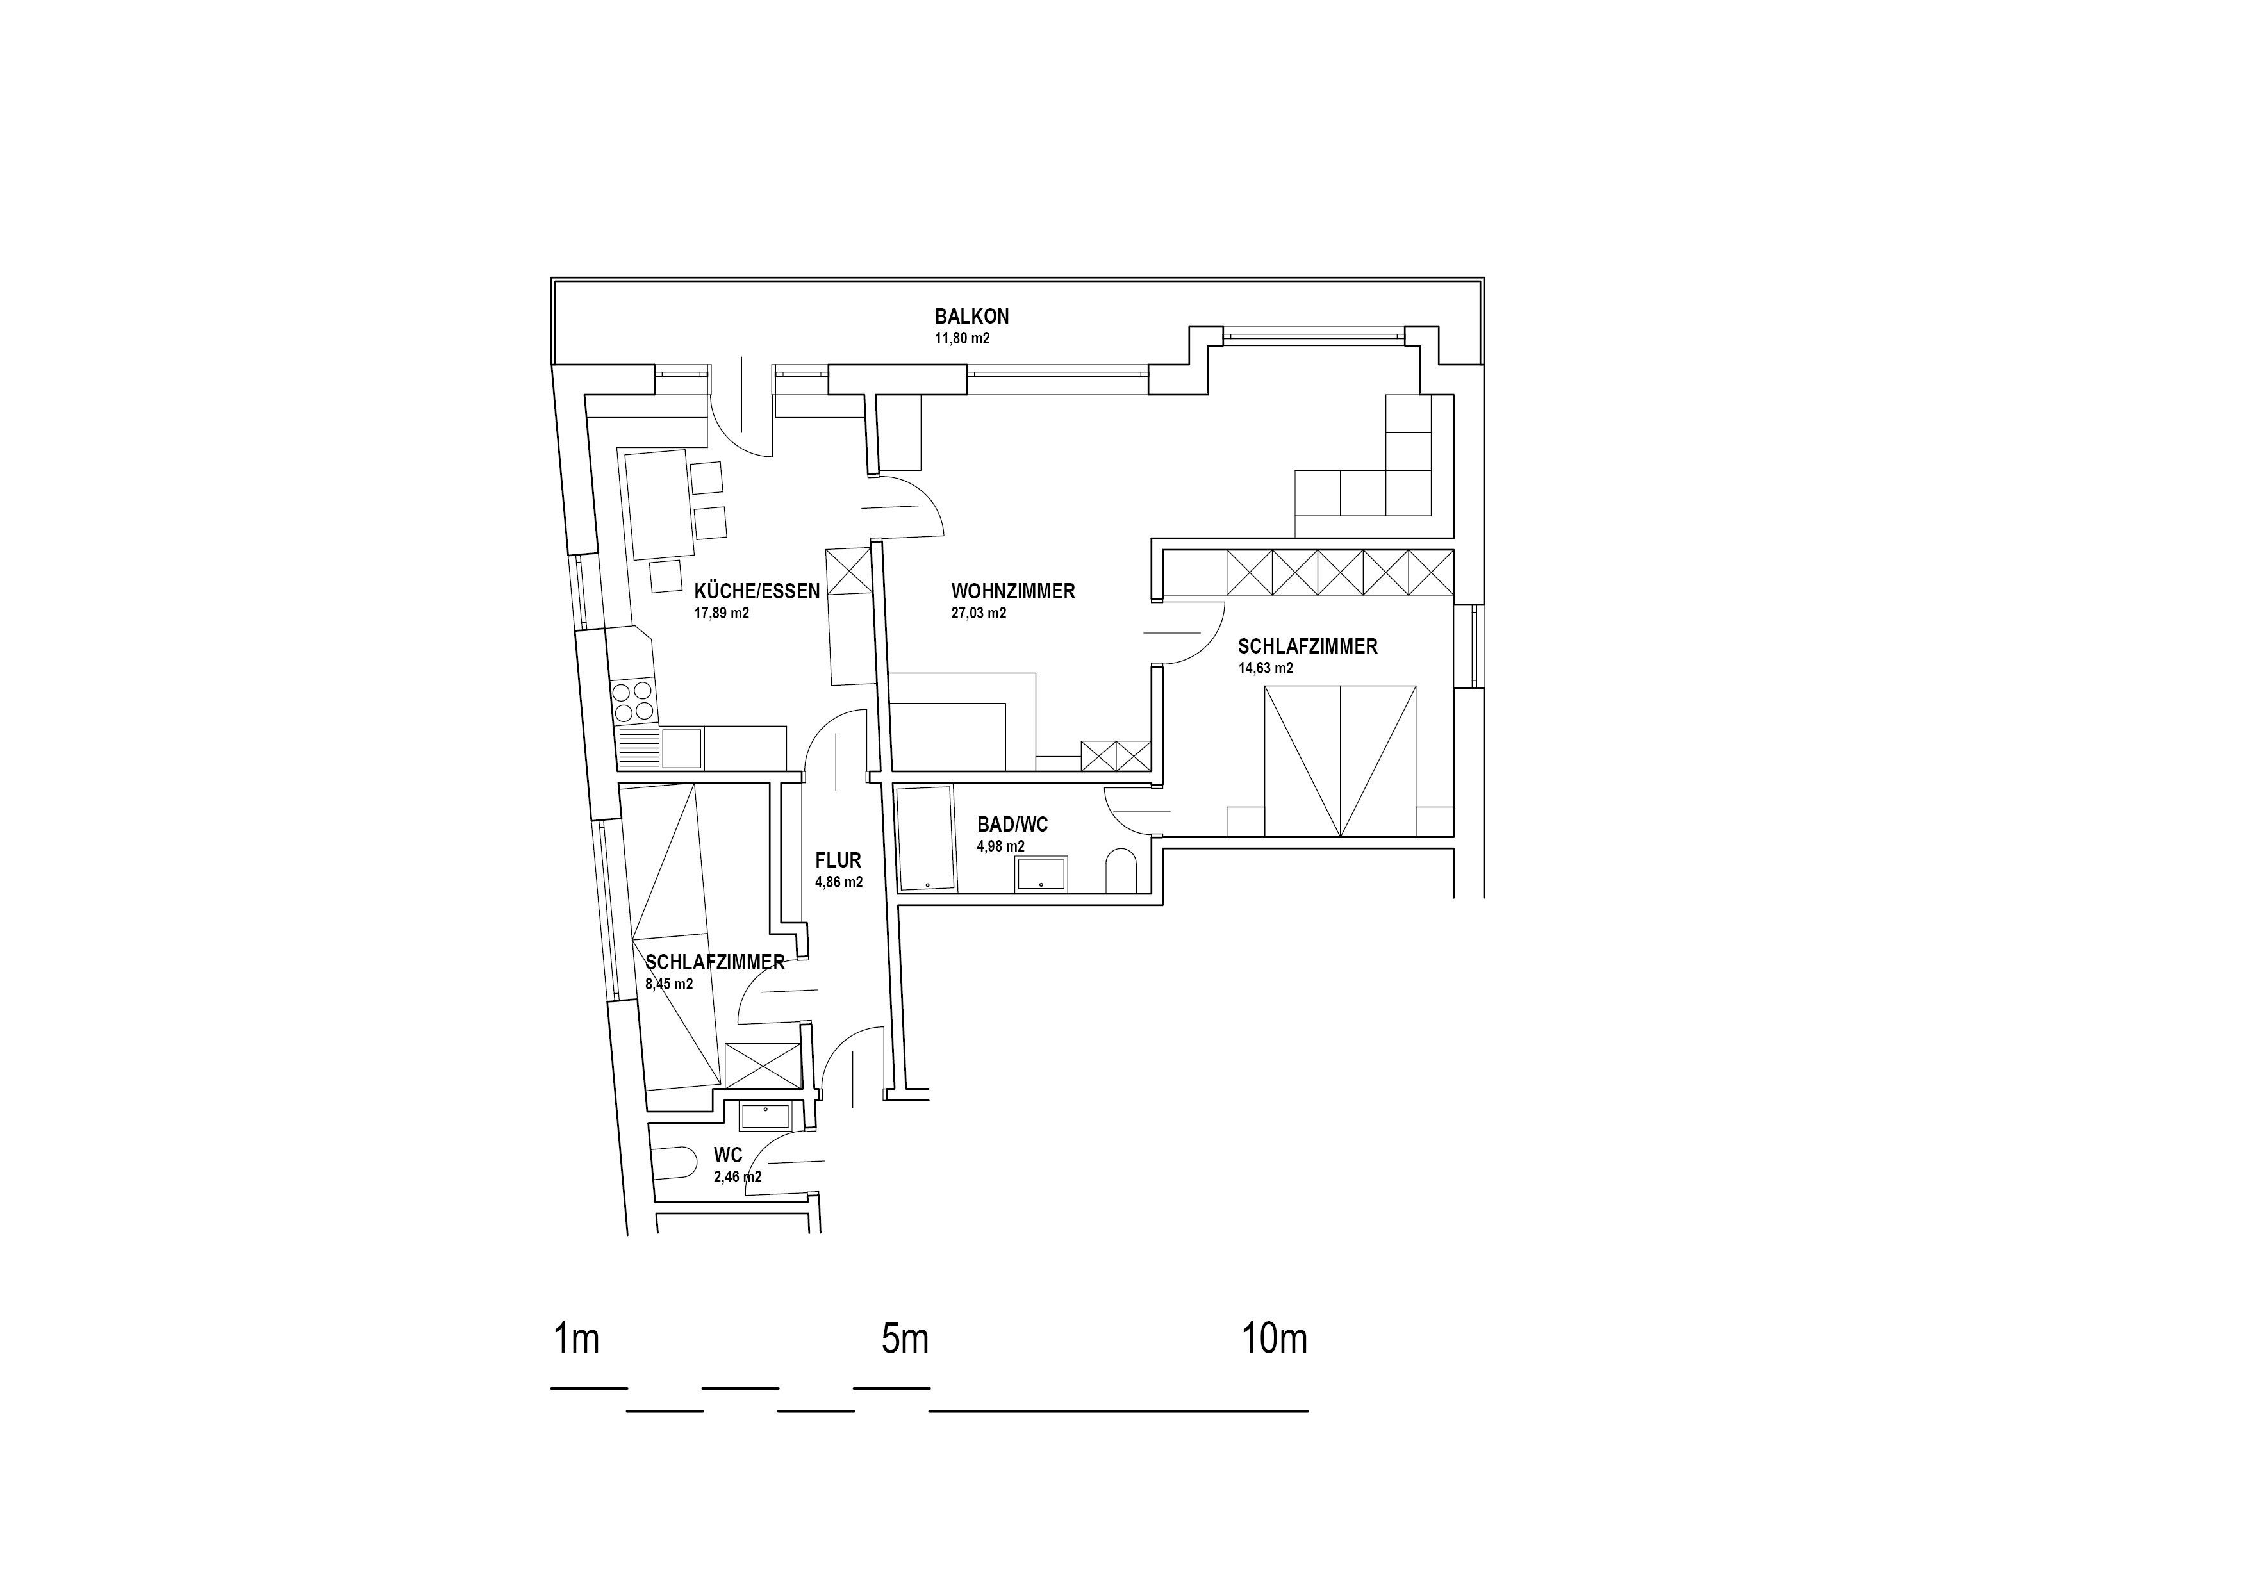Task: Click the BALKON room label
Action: click(x=971, y=317)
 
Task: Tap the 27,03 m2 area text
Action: click(x=978, y=614)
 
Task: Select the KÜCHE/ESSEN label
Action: click(x=757, y=591)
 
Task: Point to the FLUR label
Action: click(x=838, y=860)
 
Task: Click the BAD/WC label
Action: click(x=1012, y=825)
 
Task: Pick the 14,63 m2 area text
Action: click(x=1266, y=669)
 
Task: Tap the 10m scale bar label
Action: click(x=1275, y=1338)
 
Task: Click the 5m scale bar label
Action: click(x=905, y=1338)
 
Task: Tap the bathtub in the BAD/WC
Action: click(x=926, y=838)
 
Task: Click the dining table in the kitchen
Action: click(x=656, y=504)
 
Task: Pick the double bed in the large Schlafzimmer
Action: click(x=1341, y=761)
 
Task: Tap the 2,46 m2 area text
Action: click(x=738, y=1177)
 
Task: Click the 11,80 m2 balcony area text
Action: click(x=963, y=339)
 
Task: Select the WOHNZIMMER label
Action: click(x=1013, y=591)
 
